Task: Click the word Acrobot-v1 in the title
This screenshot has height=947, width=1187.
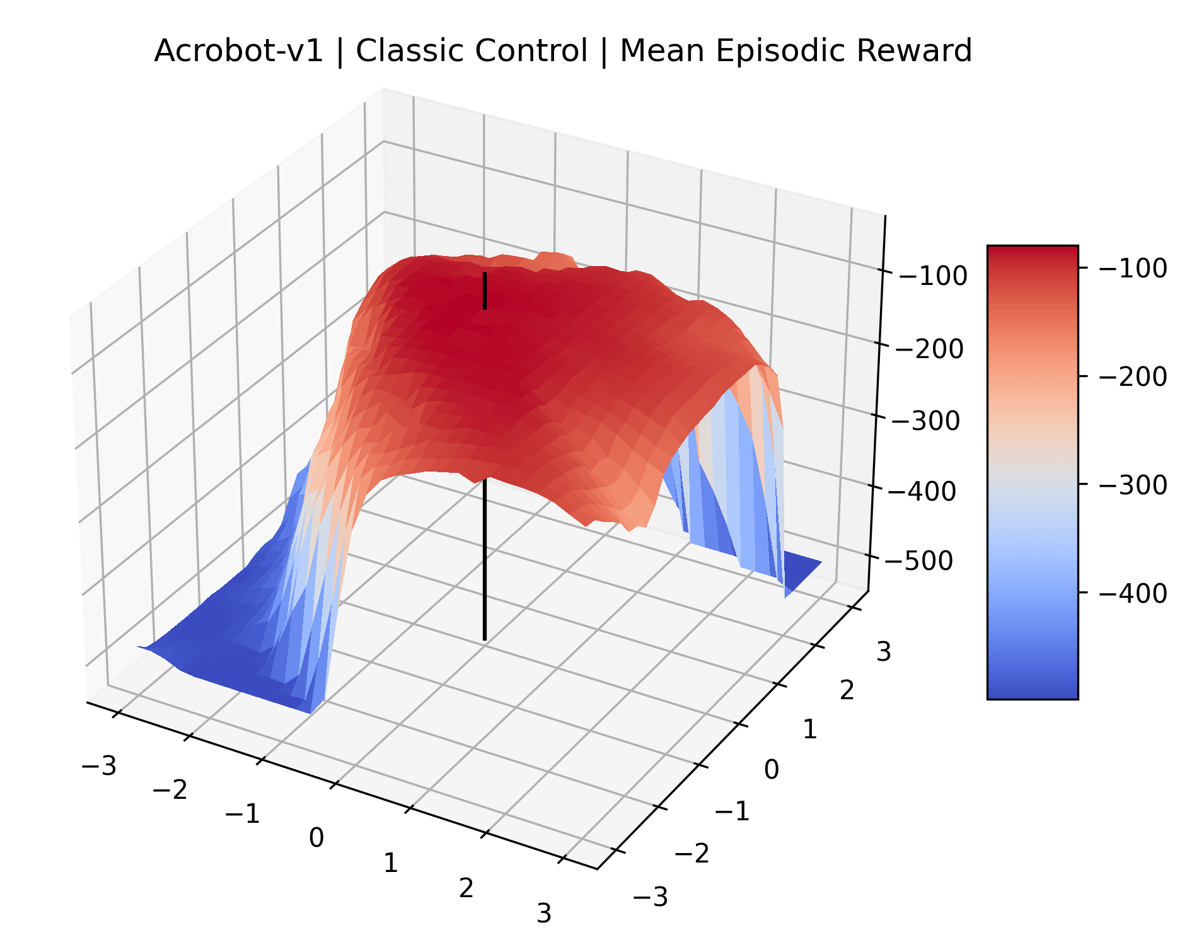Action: [x=239, y=50]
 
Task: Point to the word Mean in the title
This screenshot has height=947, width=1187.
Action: [x=662, y=50]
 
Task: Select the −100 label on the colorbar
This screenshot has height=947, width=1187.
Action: [x=1133, y=268]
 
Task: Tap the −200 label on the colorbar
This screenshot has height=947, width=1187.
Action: [x=1133, y=376]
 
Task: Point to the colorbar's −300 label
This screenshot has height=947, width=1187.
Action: [x=1133, y=485]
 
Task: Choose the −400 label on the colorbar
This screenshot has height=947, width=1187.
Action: [x=1133, y=593]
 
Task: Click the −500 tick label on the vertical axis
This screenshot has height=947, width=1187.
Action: [x=918, y=561]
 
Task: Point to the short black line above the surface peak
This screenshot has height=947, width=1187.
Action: [x=484, y=291]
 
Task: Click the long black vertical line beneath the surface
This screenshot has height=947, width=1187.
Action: [x=484, y=559]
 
